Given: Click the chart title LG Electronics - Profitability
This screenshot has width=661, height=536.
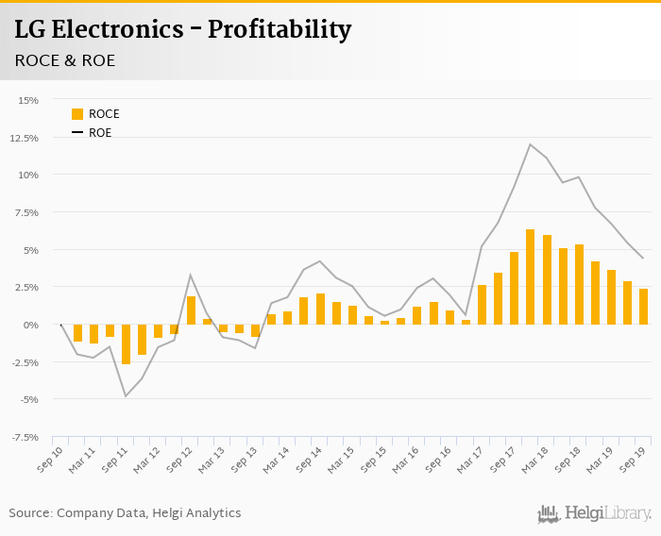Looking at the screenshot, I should [x=182, y=30].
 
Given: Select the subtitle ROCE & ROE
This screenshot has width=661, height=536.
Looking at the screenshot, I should [x=65, y=60].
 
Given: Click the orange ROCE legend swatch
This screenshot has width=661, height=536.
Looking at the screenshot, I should [x=77, y=114].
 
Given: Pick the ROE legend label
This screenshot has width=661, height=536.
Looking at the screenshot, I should [x=100, y=133].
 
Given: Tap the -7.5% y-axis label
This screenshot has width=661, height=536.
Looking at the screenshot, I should [x=24, y=437].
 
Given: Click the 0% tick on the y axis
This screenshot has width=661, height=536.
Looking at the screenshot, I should [x=31, y=325].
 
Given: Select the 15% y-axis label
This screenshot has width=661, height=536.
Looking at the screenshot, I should [x=27, y=100].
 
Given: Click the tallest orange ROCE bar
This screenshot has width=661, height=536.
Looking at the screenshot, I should [x=531, y=277].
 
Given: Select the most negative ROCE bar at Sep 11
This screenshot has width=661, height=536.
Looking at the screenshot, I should [x=126, y=344].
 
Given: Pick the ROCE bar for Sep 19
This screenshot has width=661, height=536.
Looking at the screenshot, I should [x=643, y=307].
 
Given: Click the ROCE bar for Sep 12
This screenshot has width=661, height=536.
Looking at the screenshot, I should [x=191, y=310].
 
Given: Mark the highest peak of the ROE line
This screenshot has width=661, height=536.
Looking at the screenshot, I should [x=531, y=144].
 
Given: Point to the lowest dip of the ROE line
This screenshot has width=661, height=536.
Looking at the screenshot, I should [x=126, y=395].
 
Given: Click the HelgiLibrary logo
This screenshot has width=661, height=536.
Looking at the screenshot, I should [x=594, y=513].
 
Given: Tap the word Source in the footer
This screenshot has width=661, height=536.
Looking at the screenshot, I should [x=30, y=513].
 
